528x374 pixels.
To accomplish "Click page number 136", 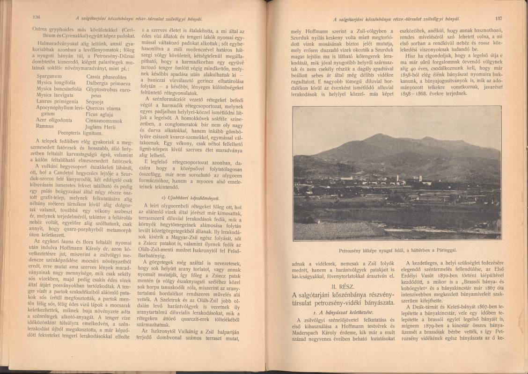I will coord(37,18).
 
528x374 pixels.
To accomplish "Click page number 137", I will coord(498,19).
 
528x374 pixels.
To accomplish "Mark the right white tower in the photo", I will coord(420,178).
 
